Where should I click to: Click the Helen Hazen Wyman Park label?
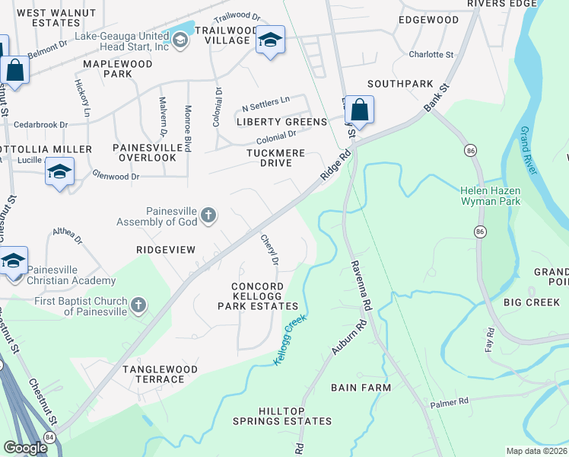coord(490,196)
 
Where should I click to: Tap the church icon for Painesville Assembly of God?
coord(209,217)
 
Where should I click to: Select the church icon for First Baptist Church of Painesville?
coord(138,305)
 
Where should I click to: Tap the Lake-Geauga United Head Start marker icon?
coord(180,40)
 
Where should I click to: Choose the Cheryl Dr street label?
coord(270,249)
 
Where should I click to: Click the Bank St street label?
coord(437,98)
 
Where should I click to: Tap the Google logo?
coord(25,448)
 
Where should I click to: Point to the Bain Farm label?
coord(361,388)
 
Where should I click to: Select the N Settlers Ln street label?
coord(265,100)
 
